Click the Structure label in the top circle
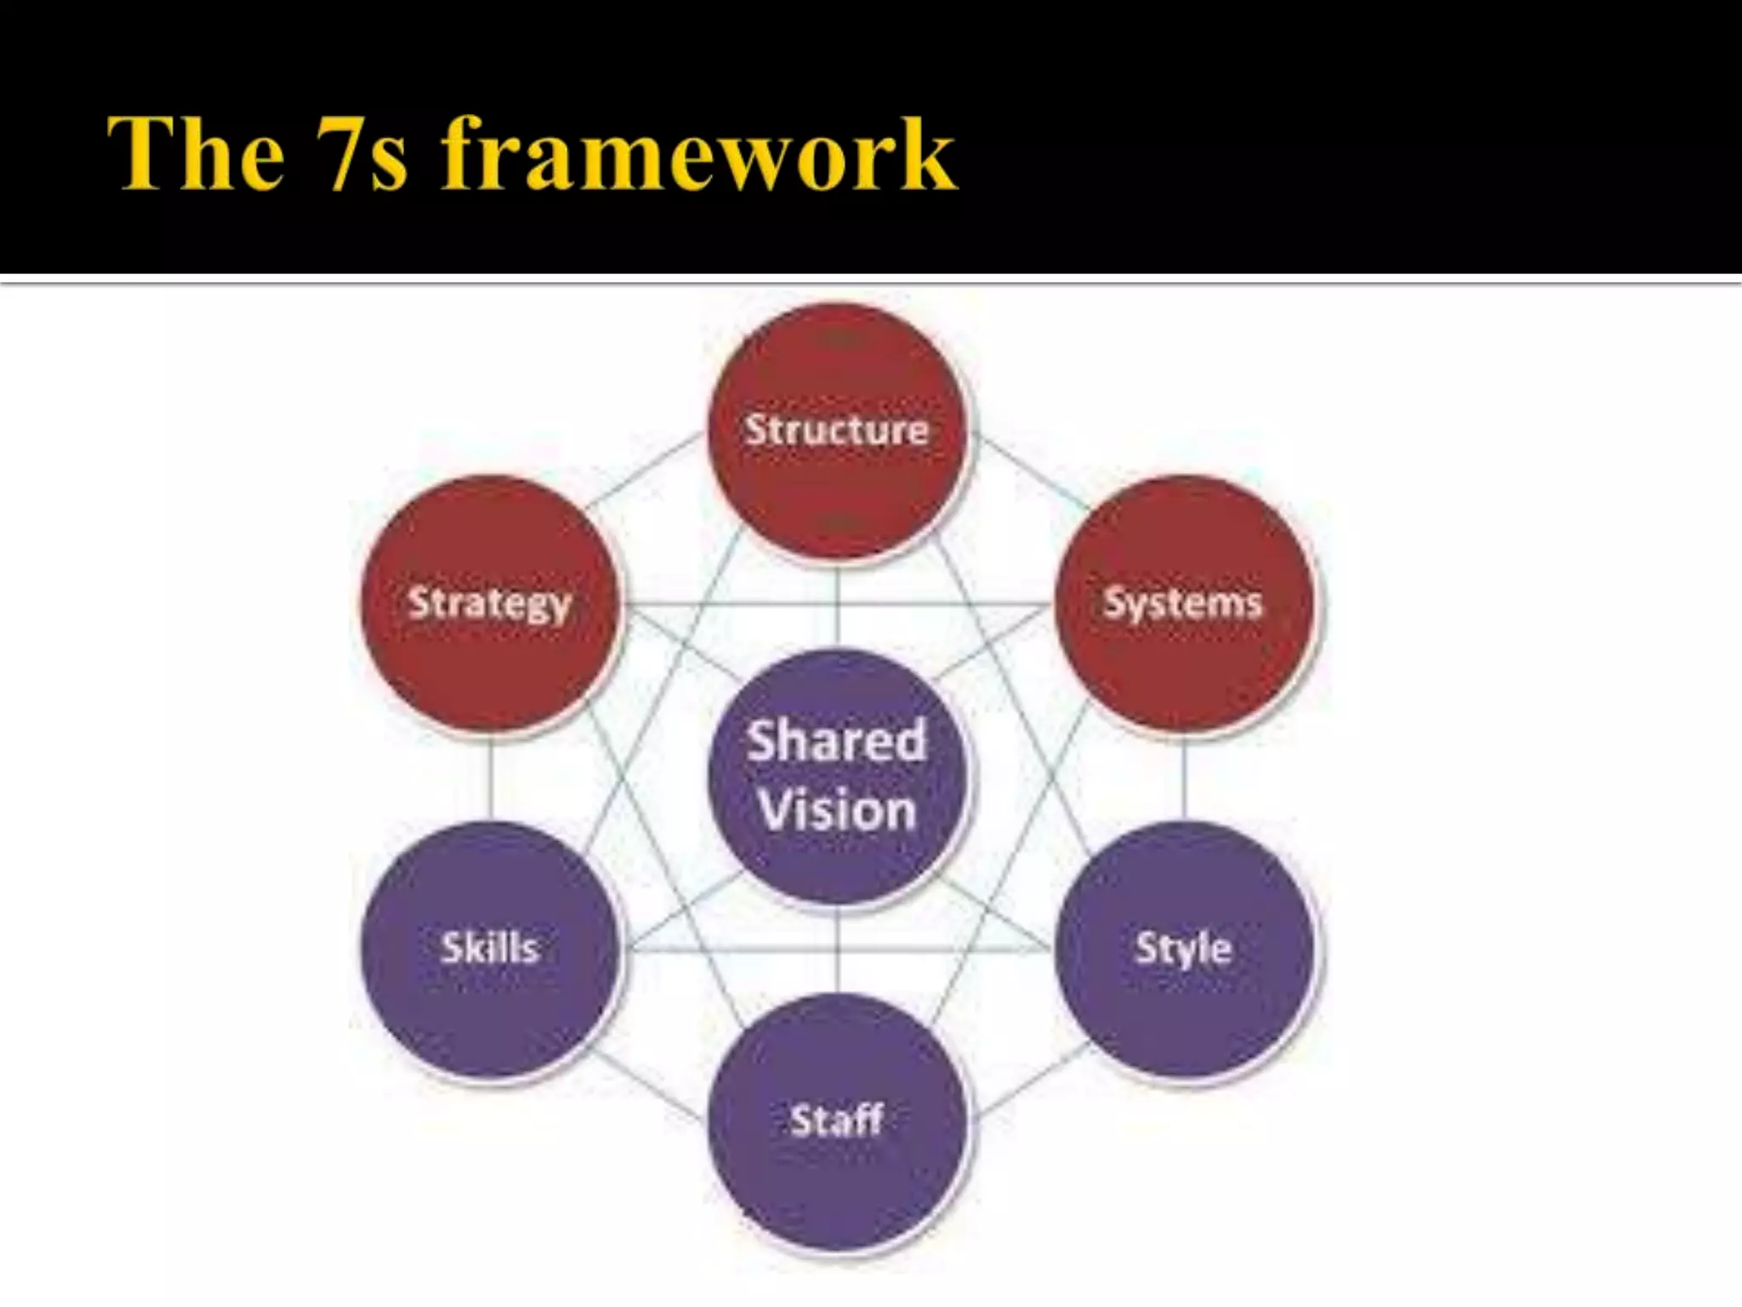tap(837, 430)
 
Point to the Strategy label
tap(490, 603)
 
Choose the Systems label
tap(1183, 603)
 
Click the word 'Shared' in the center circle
tap(837, 740)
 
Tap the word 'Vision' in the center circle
tap(837, 809)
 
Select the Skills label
tap(490, 948)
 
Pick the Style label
tap(1183, 948)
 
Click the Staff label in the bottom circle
tap(837, 1120)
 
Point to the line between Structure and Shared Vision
tap(837, 604)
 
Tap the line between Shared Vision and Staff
tap(837, 949)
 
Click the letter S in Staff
tap(800, 1121)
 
